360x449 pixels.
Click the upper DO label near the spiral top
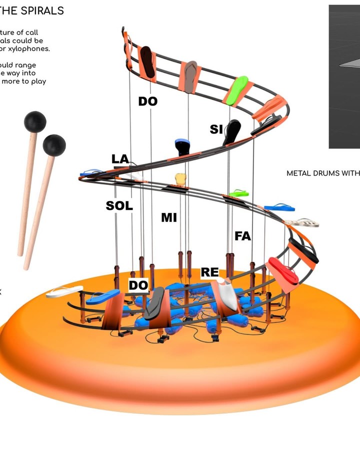[148, 101]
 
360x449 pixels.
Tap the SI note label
[216, 129]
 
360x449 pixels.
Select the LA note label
[120, 159]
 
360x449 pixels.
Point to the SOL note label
[119, 205]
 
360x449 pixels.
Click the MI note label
[169, 217]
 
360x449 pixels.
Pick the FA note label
[242, 236]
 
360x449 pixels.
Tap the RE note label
[209, 272]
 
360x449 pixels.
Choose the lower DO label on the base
[138, 285]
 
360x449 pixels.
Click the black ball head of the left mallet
[35, 122]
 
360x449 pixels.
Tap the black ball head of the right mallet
[54, 145]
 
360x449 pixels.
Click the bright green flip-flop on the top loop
[237, 89]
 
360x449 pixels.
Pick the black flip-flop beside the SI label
[232, 131]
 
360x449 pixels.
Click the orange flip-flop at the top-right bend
[272, 107]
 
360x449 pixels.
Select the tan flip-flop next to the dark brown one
[190, 76]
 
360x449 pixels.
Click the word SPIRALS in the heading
[42, 10]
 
